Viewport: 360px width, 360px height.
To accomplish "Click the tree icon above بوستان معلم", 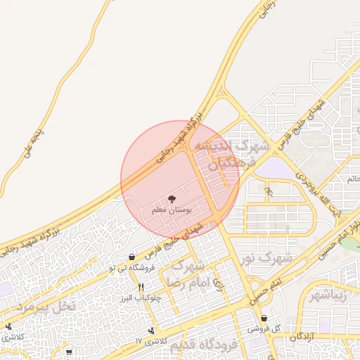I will coord(172,200).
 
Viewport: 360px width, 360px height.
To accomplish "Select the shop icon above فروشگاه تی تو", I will coord(132,257).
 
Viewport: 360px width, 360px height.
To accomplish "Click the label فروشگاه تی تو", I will coord(131,268).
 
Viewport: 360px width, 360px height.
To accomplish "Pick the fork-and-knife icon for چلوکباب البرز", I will coord(141,287).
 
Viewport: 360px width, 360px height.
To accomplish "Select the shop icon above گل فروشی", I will coord(264,318).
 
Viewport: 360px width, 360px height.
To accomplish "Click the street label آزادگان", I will coord(302,337).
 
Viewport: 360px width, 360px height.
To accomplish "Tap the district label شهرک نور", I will coord(264,259).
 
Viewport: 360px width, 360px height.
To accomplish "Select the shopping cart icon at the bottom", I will coord(69,351).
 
